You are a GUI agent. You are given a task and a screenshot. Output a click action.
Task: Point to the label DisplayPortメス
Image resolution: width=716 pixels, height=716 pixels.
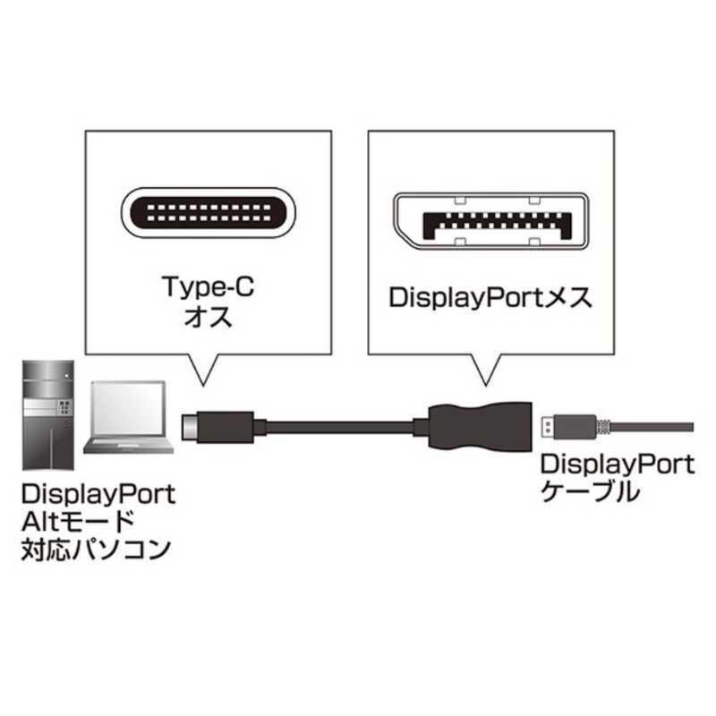point(490,298)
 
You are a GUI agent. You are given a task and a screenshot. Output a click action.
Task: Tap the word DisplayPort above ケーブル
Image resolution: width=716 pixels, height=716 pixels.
point(616,464)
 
